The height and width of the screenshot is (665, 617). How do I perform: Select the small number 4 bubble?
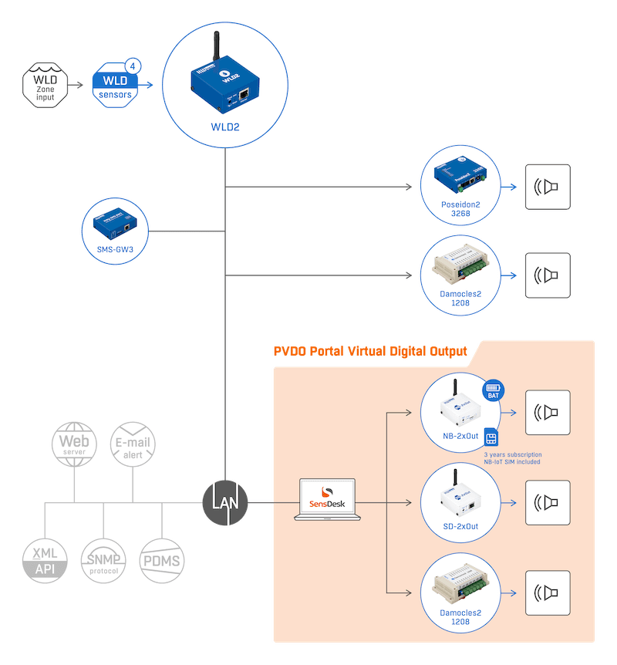(x=131, y=68)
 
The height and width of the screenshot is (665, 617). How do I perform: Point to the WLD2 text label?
(x=224, y=127)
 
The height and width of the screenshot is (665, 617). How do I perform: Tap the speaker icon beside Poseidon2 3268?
(x=548, y=187)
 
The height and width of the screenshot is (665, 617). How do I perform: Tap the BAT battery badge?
(x=494, y=390)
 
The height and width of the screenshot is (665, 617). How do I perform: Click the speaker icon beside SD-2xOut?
(x=548, y=503)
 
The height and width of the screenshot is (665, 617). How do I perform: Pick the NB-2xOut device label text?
(x=460, y=437)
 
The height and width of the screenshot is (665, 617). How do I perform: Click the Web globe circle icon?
(x=74, y=446)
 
